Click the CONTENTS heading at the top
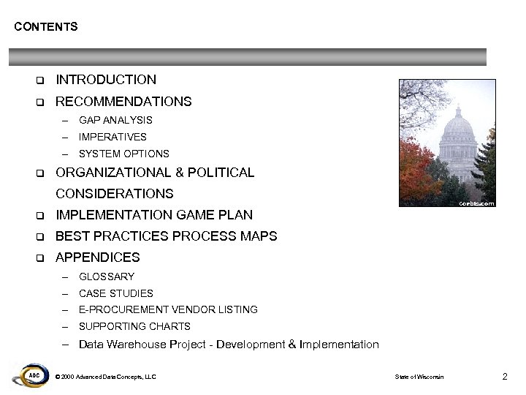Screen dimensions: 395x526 point(45,27)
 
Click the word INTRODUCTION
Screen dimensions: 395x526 point(106,80)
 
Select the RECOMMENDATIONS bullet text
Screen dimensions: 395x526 point(123,102)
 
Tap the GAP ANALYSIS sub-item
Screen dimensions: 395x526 point(115,120)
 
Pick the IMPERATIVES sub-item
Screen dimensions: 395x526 point(113,137)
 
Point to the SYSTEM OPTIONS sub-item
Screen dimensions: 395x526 point(123,154)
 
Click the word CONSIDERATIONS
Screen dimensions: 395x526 point(115,194)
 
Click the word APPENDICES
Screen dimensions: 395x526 point(98,257)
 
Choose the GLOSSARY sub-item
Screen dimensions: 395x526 point(107,276)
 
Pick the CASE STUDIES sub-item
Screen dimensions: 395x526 point(116,293)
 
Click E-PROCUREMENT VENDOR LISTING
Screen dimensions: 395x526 point(168,309)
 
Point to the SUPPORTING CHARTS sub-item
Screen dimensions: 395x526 point(134,326)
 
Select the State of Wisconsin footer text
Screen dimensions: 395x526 point(419,377)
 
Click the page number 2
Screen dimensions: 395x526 point(504,376)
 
